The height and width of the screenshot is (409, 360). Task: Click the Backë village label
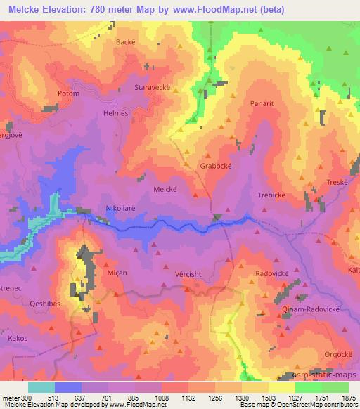(125, 42)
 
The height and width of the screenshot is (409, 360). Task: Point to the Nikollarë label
(121, 209)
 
